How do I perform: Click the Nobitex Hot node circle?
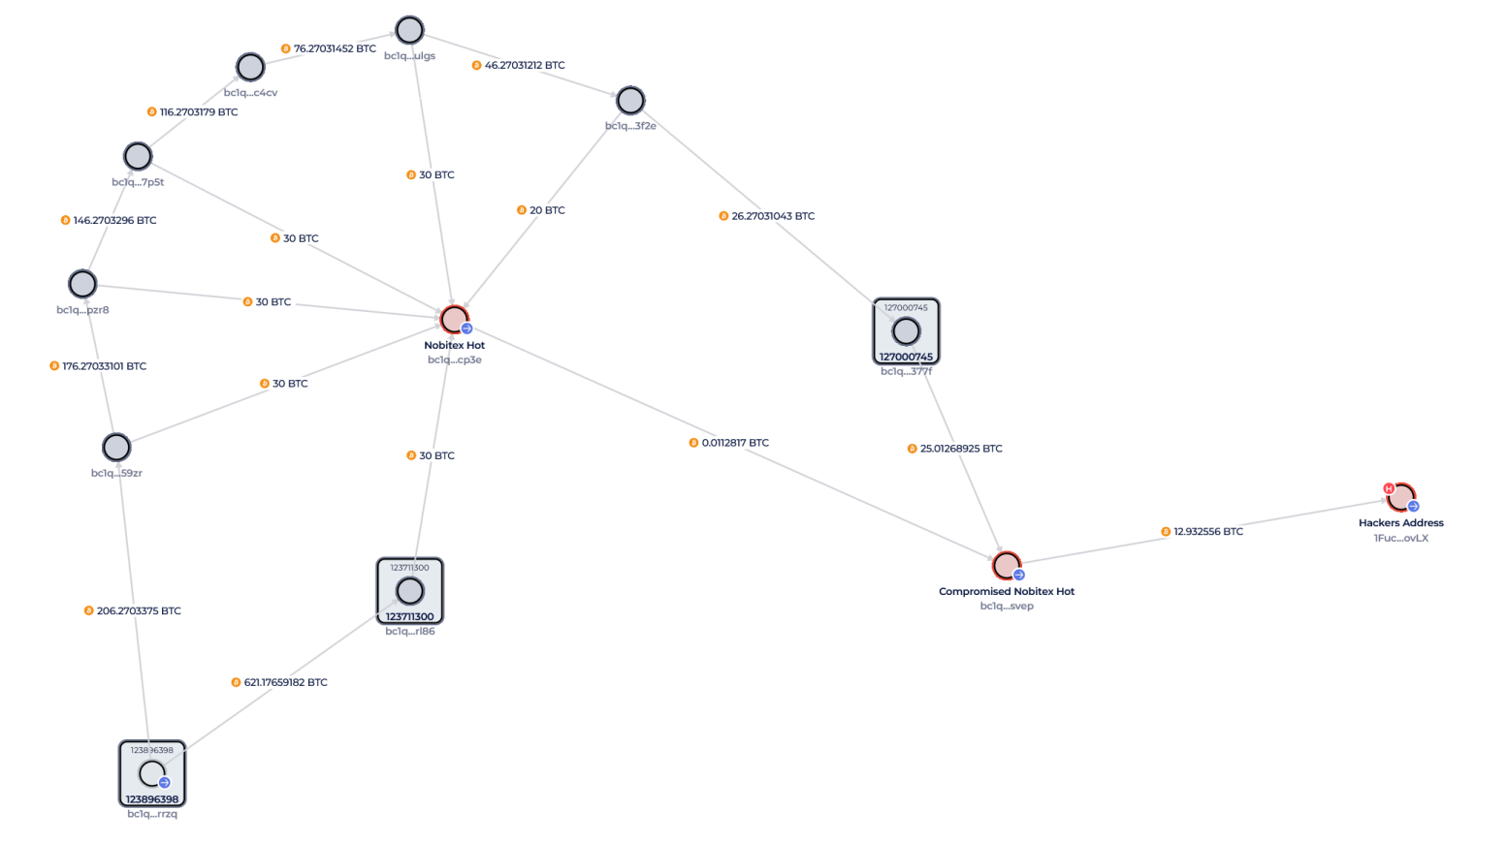pyautogui.click(x=454, y=319)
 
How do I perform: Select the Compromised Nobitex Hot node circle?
pyautogui.click(x=1006, y=565)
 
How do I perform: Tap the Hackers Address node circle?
pyautogui.click(x=1400, y=497)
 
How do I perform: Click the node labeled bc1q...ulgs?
pyautogui.click(x=409, y=30)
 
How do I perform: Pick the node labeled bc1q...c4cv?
pyautogui.click(x=250, y=67)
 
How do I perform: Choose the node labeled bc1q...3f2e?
pyautogui.click(x=630, y=100)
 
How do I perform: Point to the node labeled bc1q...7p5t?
pyautogui.click(x=138, y=156)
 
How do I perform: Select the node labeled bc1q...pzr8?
pyautogui.click(x=82, y=284)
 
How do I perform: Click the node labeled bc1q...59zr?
pyautogui.click(x=116, y=447)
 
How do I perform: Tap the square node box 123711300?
pyautogui.click(x=410, y=591)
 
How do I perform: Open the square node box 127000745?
pyautogui.click(x=906, y=331)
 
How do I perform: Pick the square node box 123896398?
pyautogui.click(x=152, y=773)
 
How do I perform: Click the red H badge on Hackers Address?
pyautogui.click(x=1389, y=488)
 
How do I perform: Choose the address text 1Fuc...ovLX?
pyautogui.click(x=1400, y=538)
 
